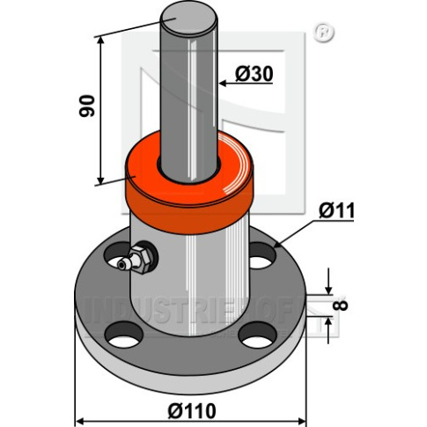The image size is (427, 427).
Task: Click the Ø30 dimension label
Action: (254, 74)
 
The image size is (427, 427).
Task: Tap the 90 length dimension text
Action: (87, 106)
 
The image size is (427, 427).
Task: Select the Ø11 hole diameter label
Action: (336, 210)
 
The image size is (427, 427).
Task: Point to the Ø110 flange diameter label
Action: (192, 411)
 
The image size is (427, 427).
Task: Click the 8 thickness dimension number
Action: (340, 305)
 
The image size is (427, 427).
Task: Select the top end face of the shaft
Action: (188, 18)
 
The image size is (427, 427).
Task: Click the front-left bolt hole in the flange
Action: (124, 335)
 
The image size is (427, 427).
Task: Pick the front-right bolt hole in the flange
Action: (257, 335)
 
